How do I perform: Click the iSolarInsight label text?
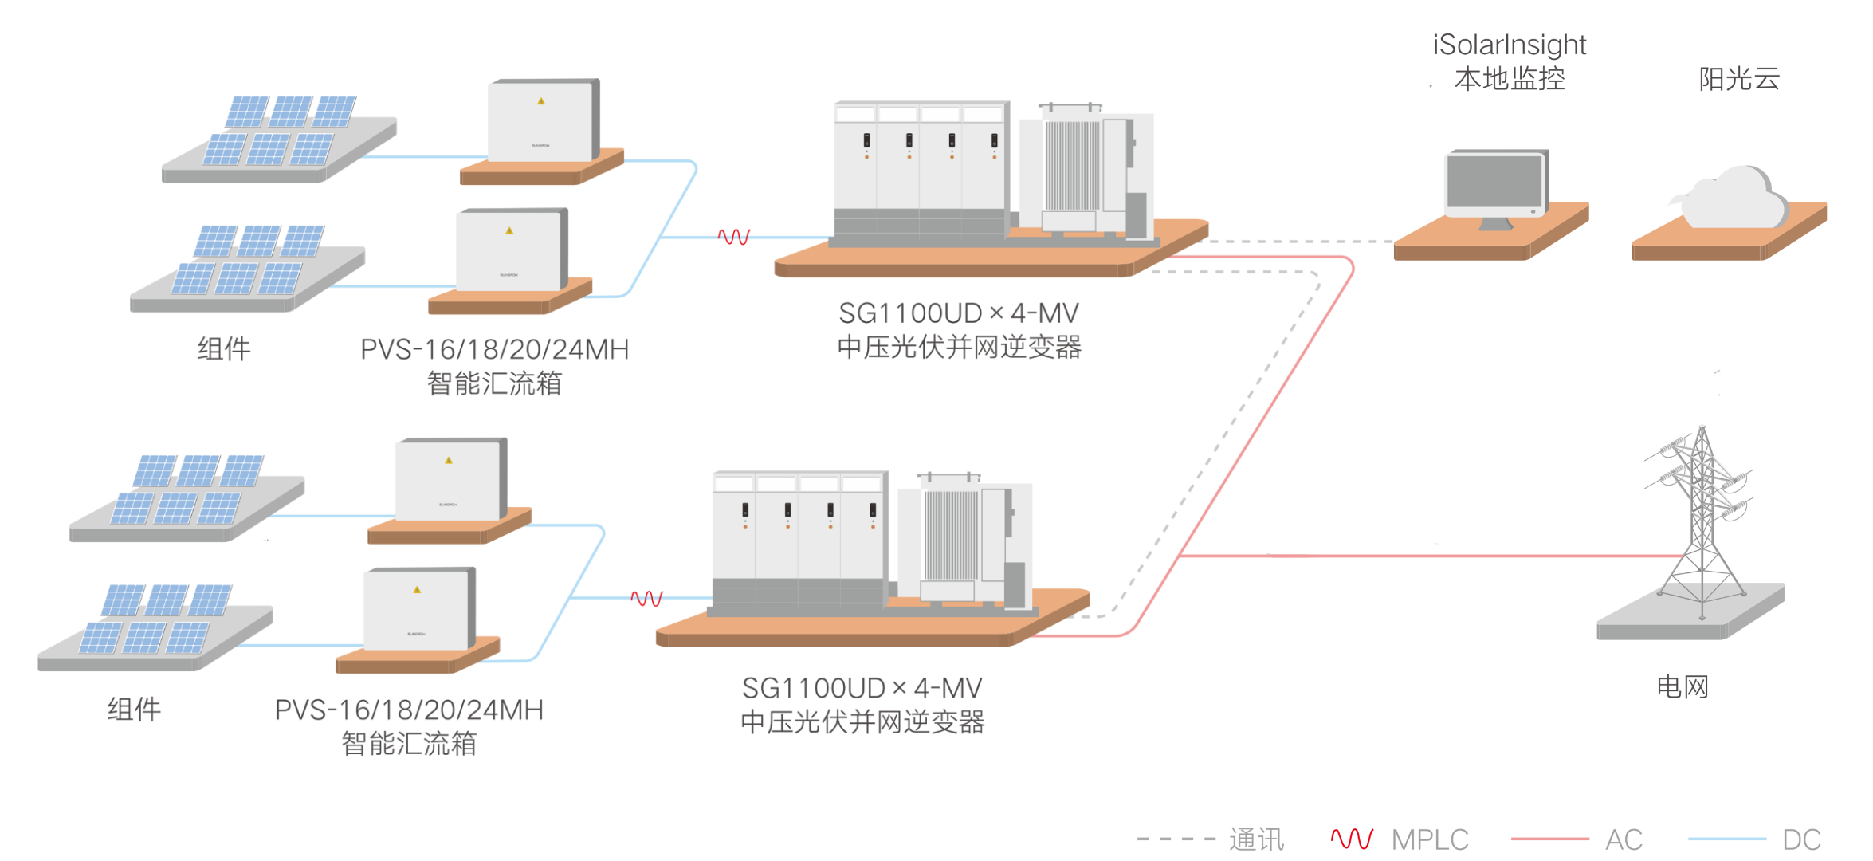click(1509, 45)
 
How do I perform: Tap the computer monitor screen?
click(1494, 183)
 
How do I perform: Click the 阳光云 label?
click(1739, 79)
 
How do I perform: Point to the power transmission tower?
click(1701, 518)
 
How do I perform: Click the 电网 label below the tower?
click(1683, 686)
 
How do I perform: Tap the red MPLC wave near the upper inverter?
click(734, 236)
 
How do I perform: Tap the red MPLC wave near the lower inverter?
click(646, 598)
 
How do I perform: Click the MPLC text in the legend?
click(1429, 839)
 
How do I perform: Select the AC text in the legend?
click(1624, 839)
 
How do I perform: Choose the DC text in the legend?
click(1801, 839)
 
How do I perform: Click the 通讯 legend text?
click(1256, 839)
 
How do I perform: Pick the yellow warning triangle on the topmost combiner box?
click(541, 101)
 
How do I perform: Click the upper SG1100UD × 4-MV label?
click(959, 313)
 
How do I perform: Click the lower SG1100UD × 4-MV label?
click(862, 688)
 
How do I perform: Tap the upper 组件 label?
click(224, 349)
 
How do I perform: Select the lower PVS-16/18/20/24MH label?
click(408, 710)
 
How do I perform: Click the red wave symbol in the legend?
click(1352, 839)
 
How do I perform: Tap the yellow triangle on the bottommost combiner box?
click(417, 590)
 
